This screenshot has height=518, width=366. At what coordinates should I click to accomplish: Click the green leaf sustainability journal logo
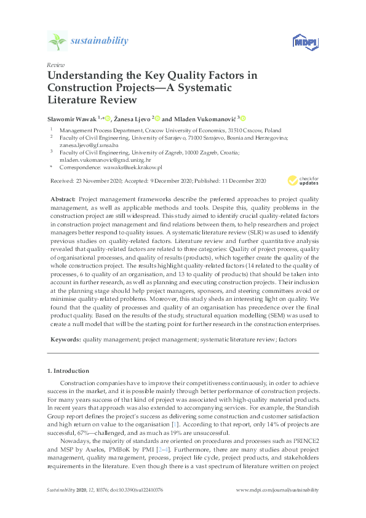(57, 41)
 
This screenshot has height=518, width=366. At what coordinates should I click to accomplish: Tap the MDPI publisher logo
(302, 42)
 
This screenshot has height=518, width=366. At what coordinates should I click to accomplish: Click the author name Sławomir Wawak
(71, 118)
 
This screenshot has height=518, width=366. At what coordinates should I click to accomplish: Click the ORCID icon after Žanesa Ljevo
(157, 118)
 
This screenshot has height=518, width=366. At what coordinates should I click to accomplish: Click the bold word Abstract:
(61, 199)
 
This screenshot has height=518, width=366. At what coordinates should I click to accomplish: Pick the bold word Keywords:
(64, 339)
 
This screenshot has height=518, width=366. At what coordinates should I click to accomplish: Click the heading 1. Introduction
(68, 371)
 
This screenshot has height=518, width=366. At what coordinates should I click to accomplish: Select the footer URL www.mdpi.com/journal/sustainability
(277, 490)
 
